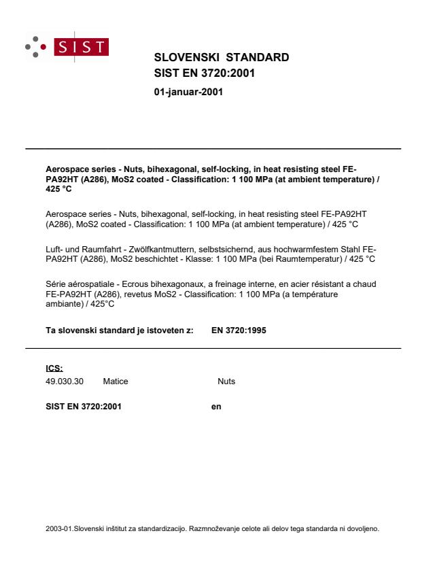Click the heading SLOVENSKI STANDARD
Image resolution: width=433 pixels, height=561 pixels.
coord(222,57)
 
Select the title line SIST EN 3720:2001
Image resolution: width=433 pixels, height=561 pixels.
coord(205,73)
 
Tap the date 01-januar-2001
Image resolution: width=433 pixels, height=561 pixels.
coord(189,92)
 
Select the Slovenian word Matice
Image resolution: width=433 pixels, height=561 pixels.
coord(116,381)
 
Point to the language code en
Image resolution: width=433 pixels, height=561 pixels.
coord(217,407)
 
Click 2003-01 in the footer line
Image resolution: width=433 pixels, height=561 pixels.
coord(58,528)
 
